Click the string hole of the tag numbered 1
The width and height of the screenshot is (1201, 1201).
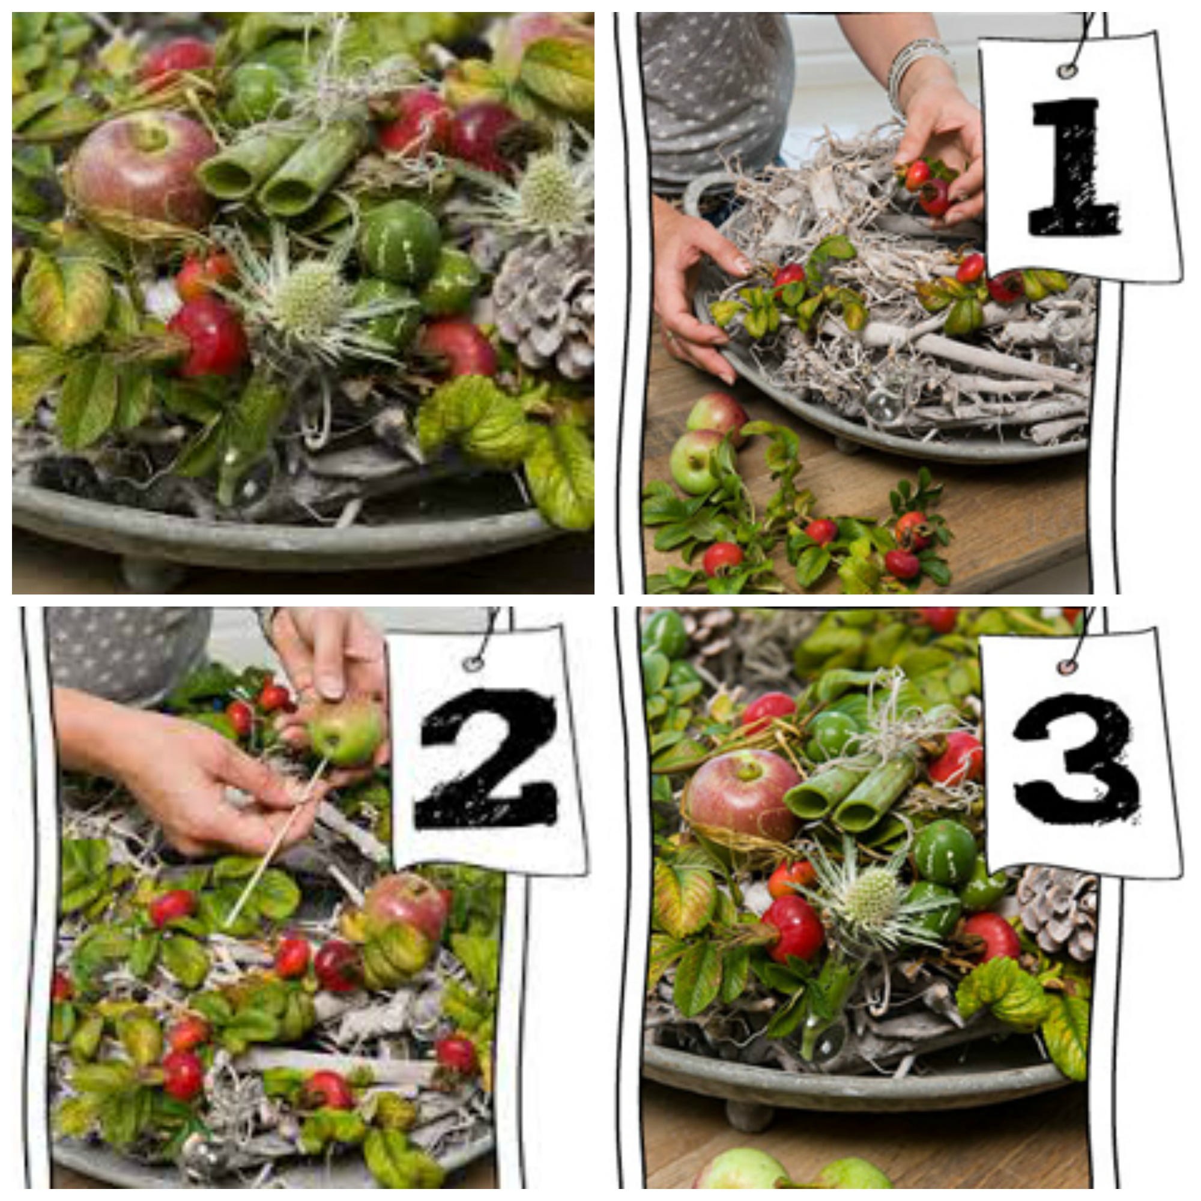click(1068, 70)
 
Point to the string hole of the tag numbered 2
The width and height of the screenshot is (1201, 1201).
click(474, 663)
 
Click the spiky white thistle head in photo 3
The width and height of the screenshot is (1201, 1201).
click(873, 895)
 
